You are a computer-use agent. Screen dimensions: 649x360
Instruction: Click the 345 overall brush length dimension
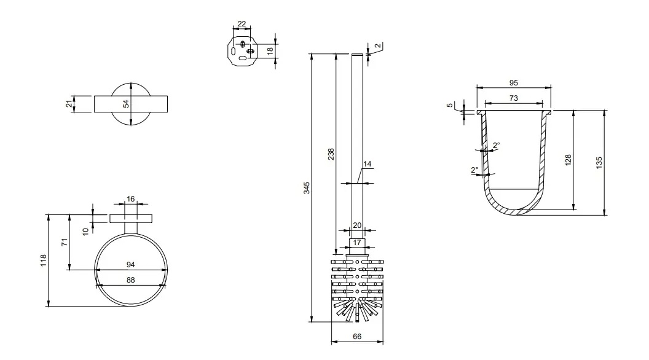tap(307, 188)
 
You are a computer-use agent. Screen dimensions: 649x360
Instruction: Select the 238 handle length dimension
tap(331, 154)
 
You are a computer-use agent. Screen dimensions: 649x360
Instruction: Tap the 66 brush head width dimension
tap(357, 337)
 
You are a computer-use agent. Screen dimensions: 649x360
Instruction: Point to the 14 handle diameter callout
tap(367, 164)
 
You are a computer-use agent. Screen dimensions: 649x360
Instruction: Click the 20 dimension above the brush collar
tap(357, 225)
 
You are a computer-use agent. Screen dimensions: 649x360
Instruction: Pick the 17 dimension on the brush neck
tap(357, 243)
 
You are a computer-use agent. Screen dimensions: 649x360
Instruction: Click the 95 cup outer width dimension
tap(513, 83)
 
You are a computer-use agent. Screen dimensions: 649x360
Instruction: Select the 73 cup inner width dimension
tap(513, 98)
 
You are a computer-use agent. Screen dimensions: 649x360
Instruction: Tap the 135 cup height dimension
tap(599, 162)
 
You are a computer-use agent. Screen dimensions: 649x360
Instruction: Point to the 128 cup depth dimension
tap(568, 160)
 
